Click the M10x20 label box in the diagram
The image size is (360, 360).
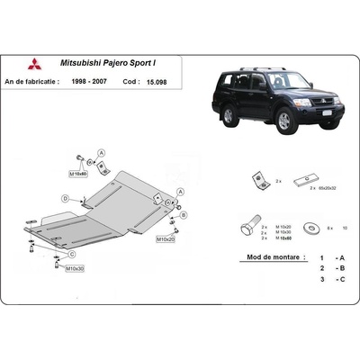(x=164, y=240)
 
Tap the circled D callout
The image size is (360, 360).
(x=65, y=199)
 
